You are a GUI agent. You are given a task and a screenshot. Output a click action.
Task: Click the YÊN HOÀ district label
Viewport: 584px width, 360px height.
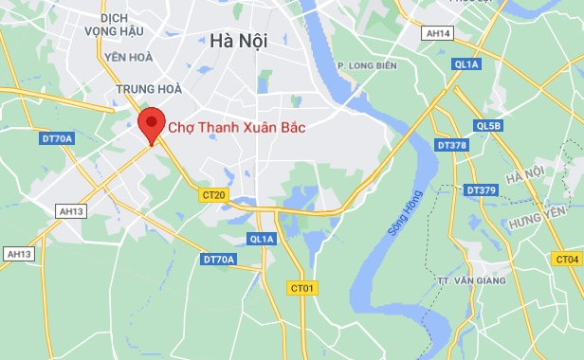point(129,57)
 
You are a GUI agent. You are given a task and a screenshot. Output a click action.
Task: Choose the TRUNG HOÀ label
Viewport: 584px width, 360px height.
point(136,90)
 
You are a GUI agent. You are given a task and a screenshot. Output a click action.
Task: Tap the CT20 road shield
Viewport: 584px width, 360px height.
point(214,195)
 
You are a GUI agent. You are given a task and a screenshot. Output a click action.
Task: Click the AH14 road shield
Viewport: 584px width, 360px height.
point(439,33)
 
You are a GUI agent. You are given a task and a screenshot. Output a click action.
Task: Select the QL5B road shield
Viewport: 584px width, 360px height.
point(488,125)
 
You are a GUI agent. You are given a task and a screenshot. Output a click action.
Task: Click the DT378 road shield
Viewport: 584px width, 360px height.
point(452,146)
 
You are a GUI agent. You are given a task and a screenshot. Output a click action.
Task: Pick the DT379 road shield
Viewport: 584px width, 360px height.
point(482,190)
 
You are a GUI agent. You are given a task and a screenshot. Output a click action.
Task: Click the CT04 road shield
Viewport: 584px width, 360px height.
point(567,259)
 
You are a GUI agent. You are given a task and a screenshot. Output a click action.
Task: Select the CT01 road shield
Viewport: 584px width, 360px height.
point(301,286)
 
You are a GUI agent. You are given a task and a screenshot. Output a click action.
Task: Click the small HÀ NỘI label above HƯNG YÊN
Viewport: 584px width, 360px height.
point(525,176)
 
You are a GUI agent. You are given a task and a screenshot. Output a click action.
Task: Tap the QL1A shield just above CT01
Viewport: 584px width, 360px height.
point(261,239)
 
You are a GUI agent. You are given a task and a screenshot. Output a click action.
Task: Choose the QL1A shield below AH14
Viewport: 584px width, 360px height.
point(468,64)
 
